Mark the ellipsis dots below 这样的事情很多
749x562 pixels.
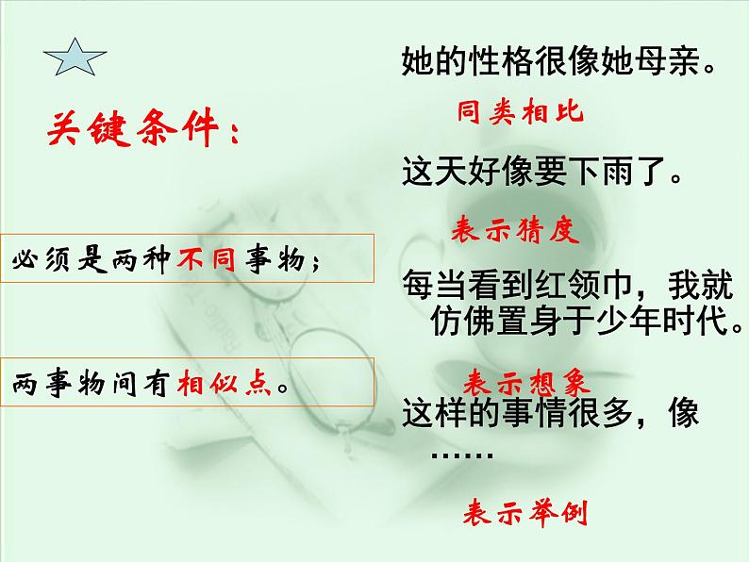click(462, 454)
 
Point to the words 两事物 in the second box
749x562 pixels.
click(54, 385)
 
